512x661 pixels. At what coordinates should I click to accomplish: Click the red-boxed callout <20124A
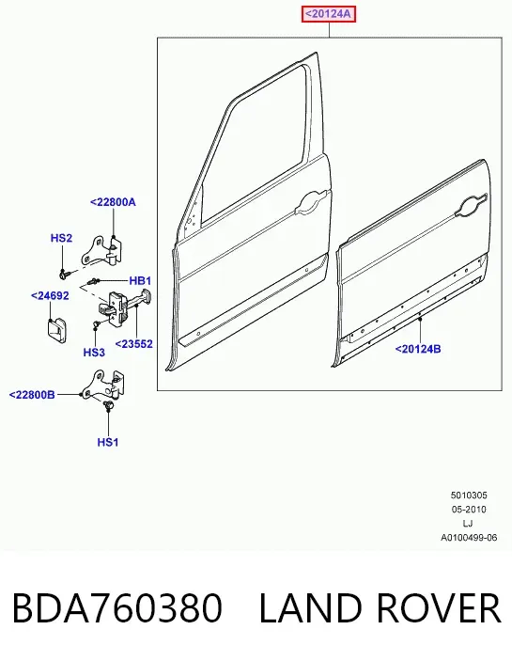329,14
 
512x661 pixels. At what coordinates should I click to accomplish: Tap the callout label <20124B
418,349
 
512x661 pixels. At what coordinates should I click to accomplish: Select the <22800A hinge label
113,202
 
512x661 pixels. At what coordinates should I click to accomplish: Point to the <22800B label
32,395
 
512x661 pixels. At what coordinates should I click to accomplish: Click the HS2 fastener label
61,238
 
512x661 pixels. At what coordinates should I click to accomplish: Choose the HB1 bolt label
140,281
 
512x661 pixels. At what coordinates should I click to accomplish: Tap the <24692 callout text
50,296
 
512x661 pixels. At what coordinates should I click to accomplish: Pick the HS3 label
94,352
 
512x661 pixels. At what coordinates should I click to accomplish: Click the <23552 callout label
134,344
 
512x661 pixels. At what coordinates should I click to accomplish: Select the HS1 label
108,442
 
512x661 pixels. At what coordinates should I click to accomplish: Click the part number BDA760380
117,608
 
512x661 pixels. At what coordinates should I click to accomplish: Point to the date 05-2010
469,510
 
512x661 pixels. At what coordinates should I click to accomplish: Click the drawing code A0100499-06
469,538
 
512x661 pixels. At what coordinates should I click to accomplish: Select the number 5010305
469,495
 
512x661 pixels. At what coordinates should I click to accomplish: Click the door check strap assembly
125,307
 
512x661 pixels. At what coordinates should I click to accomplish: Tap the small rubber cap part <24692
55,328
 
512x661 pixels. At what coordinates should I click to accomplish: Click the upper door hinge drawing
101,250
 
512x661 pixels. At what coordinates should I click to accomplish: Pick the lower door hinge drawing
104,385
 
